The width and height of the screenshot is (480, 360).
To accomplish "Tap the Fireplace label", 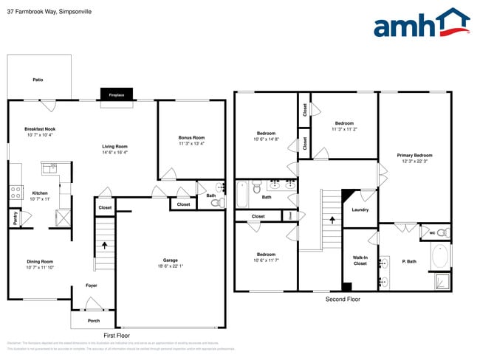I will (x=117, y=95).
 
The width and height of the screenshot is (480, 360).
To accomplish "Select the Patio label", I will (x=38, y=80).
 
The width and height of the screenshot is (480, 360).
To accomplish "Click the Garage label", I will (x=171, y=260).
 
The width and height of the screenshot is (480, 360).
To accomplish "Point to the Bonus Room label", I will (x=191, y=138).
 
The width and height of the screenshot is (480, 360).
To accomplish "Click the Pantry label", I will (x=15, y=218).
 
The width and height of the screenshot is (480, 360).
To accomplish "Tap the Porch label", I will (x=94, y=320).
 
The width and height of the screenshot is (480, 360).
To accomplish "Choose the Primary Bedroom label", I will (x=414, y=155).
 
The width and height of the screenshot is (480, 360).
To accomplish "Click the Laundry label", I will (x=360, y=210).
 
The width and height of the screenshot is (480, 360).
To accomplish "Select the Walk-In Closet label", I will (x=360, y=260).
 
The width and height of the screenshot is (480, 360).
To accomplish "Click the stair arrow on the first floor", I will (x=104, y=246).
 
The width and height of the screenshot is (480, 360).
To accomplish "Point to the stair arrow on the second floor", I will (x=332, y=219).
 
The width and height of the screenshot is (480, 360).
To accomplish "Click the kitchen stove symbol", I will (x=16, y=192).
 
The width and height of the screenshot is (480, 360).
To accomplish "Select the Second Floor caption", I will (x=343, y=300).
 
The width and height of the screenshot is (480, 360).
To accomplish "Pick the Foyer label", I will (x=91, y=285).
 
